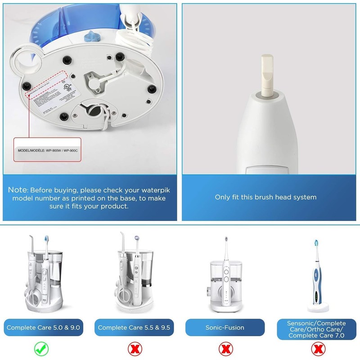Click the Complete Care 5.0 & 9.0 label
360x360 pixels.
pyautogui.click(x=43, y=327)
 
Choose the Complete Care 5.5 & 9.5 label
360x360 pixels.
pyautogui.click(x=134, y=327)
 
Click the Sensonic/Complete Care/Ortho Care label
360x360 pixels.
pyautogui.click(x=318, y=327)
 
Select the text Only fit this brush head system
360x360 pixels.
pyautogui.click(x=265, y=197)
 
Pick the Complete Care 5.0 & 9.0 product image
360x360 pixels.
pyautogui.click(x=43, y=274)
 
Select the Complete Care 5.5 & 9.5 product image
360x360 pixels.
pyautogui.click(x=134, y=274)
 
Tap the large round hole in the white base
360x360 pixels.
pyautogui.click(x=26, y=60)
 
